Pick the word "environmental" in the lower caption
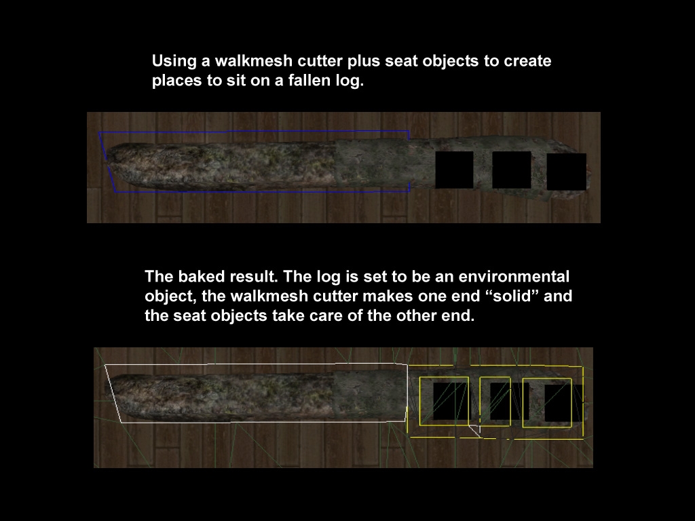pyautogui.click(x=514, y=277)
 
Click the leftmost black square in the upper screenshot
pyautogui.click(x=454, y=170)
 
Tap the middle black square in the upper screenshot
pyautogui.click(x=512, y=170)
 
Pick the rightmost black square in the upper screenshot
pyautogui.click(x=567, y=172)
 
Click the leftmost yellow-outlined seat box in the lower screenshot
pyautogui.click(x=419, y=402)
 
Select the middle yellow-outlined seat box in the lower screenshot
pyautogui.click(x=480, y=402)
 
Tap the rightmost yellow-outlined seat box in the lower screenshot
pyautogui.click(x=523, y=403)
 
